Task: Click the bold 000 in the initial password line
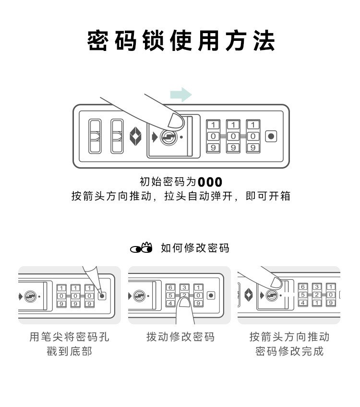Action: click(x=210, y=183)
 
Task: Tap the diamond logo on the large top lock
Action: click(x=136, y=136)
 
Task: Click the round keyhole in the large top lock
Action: click(x=168, y=137)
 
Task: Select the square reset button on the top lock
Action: click(x=271, y=136)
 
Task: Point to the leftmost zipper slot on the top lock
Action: click(x=94, y=136)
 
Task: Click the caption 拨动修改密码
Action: click(x=180, y=337)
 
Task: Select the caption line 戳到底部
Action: click(x=70, y=351)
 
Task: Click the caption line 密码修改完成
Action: click(x=289, y=351)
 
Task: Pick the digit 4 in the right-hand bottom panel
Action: click(x=303, y=303)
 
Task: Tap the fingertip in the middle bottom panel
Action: click(x=185, y=304)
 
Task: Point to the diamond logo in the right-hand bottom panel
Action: click(x=249, y=295)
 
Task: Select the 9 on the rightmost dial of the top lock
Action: click(x=253, y=148)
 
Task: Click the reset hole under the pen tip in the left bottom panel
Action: click(x=102, y=296)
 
